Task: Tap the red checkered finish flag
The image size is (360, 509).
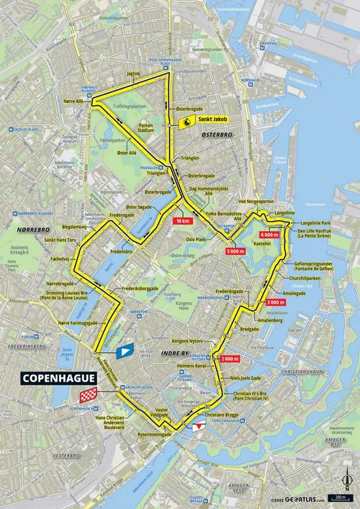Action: coord(87,395)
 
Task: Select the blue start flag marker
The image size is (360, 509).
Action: coord(127,351)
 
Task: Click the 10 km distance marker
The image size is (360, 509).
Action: coord(183,222)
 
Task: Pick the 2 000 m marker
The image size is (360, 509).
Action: coord(230,358)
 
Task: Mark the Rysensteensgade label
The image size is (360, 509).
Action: coord(155,435)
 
